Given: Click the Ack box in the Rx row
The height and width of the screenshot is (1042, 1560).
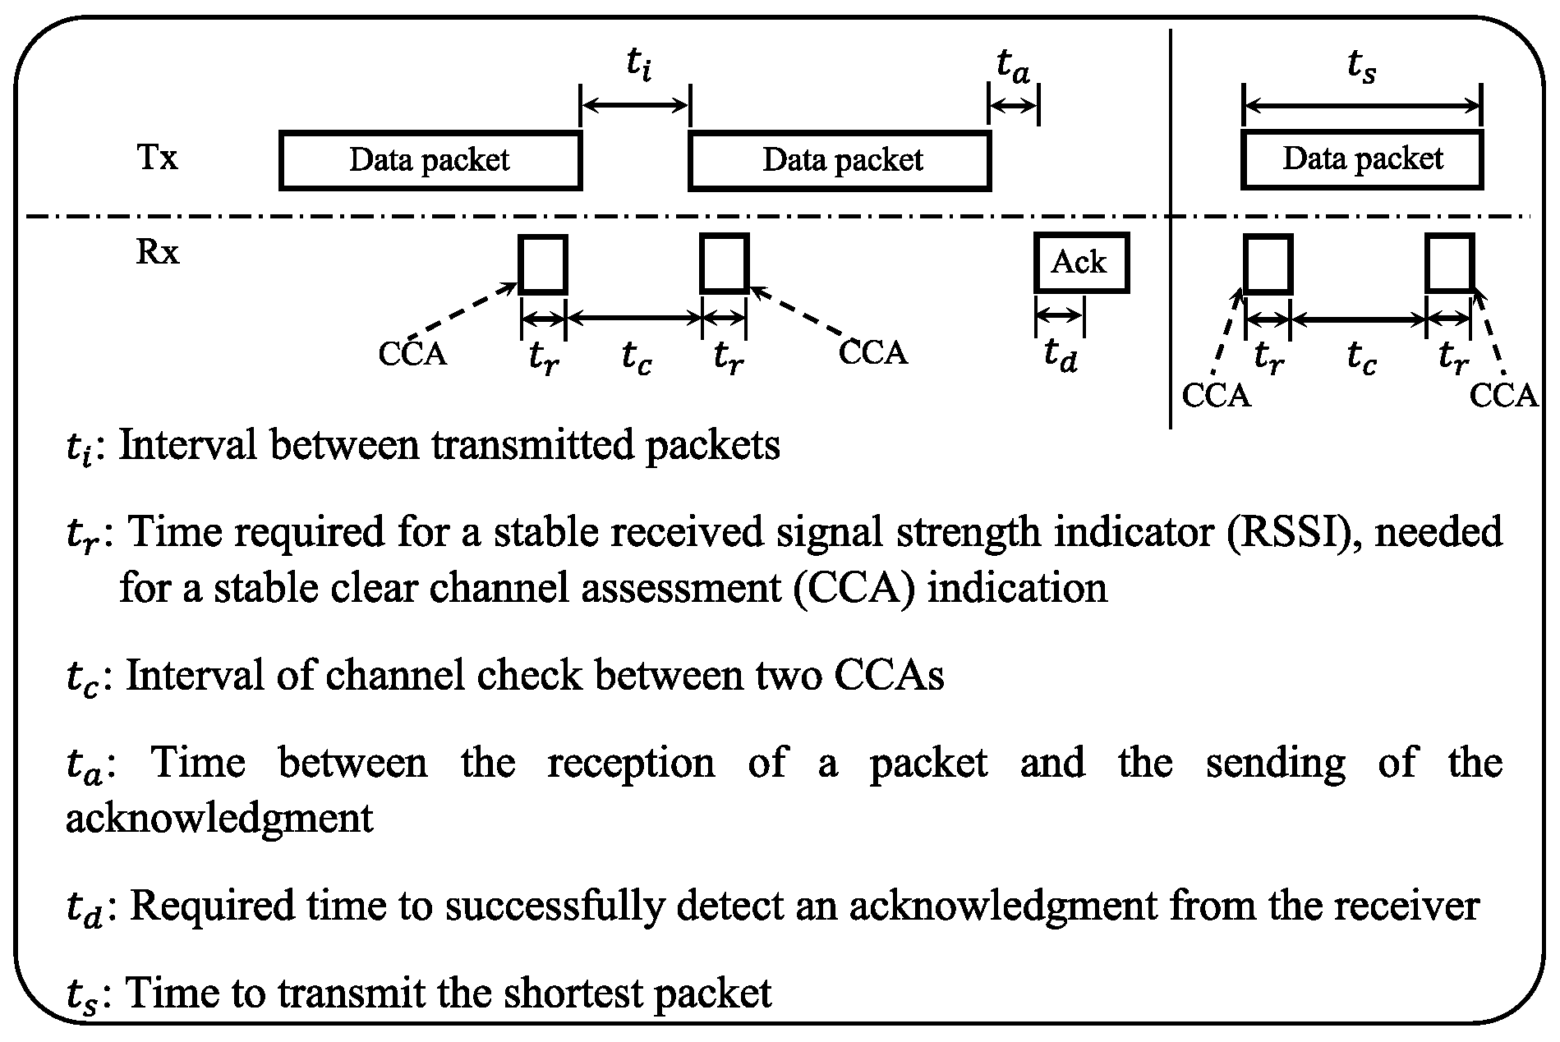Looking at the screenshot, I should (1081, 263).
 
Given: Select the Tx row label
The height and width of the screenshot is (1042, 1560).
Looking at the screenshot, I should (157, 157).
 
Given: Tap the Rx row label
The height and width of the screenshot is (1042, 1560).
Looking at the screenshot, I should (157, 252).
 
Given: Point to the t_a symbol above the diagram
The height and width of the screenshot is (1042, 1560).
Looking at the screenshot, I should (1012, 65).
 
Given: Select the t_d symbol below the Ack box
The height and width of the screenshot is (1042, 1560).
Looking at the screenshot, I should (1060, 356).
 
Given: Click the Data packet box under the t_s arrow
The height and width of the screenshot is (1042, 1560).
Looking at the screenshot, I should (1362, 160).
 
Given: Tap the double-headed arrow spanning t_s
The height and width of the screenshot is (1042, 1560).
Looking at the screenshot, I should (1362, 105).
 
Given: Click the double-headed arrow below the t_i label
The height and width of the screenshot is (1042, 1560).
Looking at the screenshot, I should (634, 104).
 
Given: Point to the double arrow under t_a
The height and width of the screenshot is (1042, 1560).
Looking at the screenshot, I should (1014, 105).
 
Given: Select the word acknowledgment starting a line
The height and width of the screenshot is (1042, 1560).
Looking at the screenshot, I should (219, 818).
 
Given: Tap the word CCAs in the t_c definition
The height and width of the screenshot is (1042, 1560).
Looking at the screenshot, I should (889, 676).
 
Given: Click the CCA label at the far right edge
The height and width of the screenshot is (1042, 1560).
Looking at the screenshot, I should (1502, 396).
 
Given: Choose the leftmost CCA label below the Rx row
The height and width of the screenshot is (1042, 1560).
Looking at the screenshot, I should (412, 354).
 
